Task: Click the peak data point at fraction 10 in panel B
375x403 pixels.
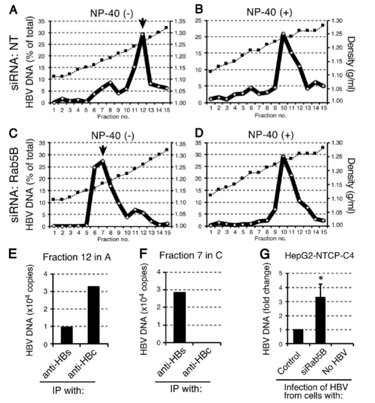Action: tap(282, 34)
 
